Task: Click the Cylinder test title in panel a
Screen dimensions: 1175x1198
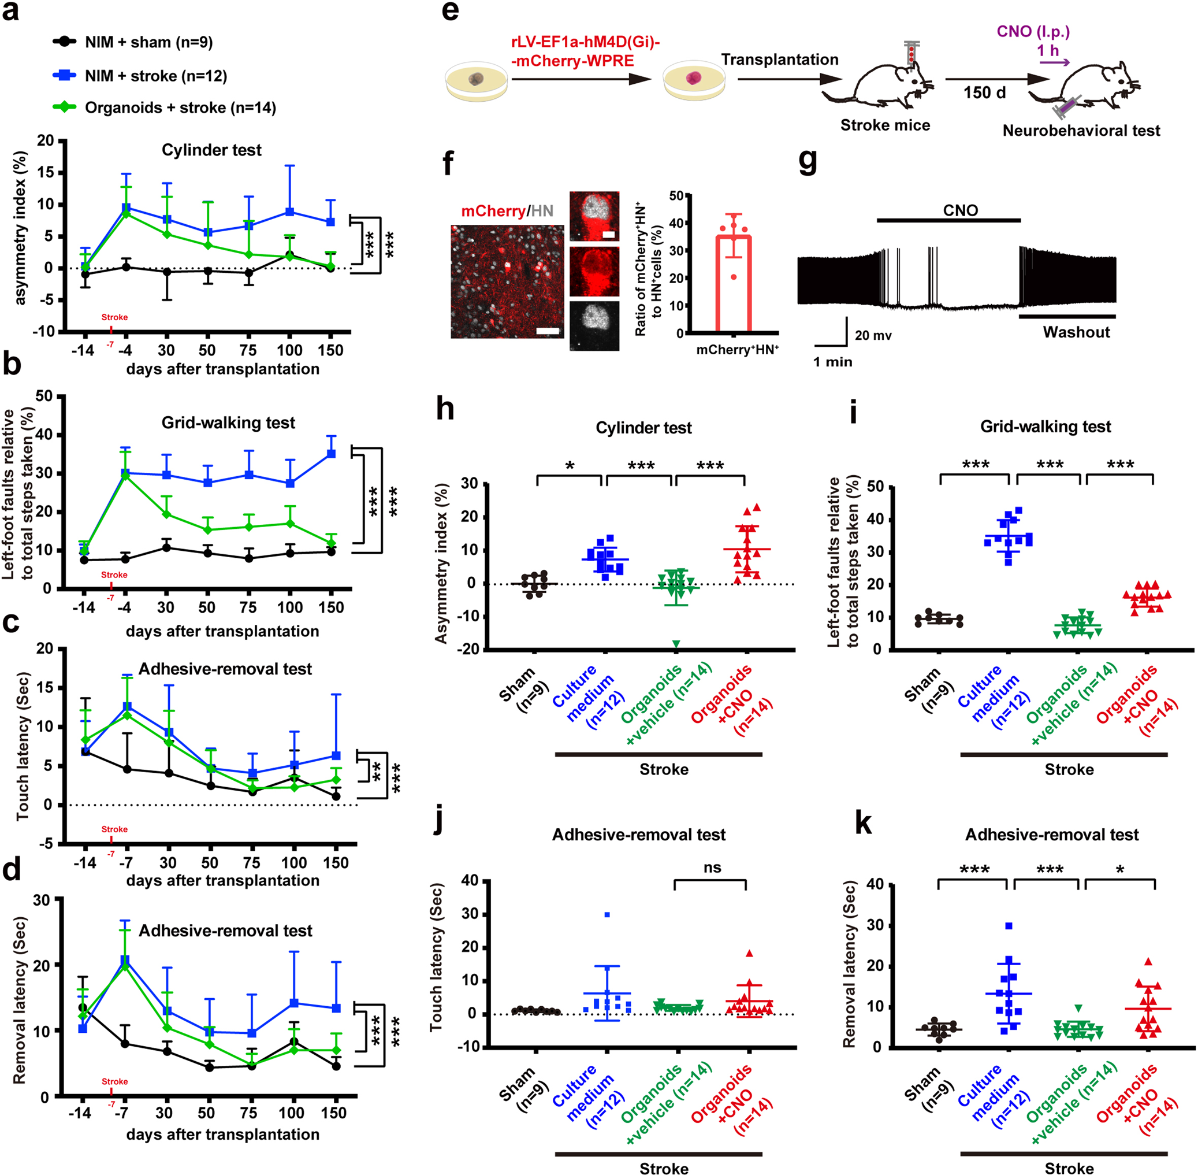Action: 211,150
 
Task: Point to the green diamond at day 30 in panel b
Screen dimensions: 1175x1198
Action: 166,514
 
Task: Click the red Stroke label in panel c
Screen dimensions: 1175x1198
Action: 114,829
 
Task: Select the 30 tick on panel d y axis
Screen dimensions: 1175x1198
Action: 42,900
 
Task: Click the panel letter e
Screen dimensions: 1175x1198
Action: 450,11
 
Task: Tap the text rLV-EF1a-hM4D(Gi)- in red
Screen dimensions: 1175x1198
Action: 585,43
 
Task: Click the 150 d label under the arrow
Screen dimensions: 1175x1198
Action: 984,92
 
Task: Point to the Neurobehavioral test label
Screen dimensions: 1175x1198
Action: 1081,131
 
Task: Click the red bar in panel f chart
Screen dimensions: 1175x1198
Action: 733,284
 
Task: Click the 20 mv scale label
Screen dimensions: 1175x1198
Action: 873,336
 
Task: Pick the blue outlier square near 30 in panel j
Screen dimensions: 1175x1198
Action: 607,914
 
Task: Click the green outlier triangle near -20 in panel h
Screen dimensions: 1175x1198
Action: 676,644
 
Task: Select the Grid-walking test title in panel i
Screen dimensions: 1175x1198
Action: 1045,427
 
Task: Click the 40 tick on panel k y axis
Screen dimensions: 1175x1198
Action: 875,884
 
